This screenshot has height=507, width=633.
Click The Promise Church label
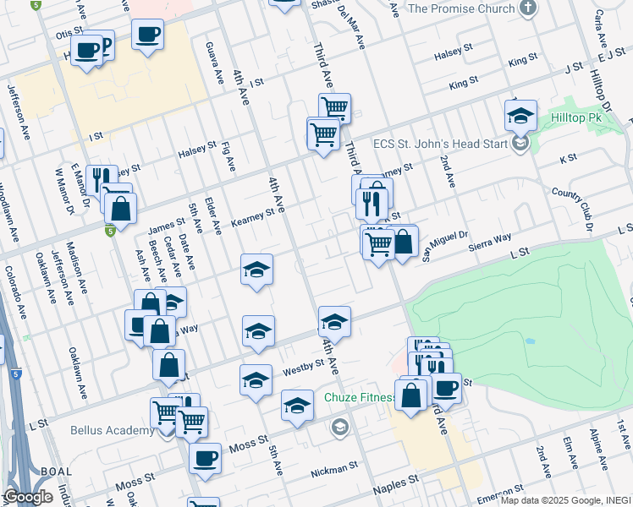pos(461,8)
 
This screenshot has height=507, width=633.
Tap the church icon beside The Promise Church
pos(528,8)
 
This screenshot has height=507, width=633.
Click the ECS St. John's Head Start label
pos(442,143)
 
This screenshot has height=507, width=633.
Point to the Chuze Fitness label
pos(361,397)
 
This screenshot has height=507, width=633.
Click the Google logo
pos(28,497)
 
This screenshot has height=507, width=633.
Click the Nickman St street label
pos(334,469)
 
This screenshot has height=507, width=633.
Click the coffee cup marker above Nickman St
pos(204,460)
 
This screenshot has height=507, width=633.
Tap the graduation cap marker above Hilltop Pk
pos(522,114)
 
